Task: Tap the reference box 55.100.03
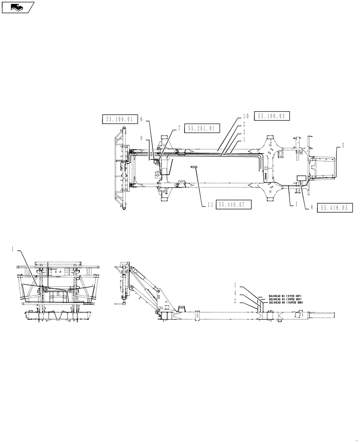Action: click(272, 116)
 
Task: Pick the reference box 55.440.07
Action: click(234, 204)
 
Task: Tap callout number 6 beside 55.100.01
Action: click(141, 119)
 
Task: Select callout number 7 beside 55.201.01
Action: click(179, 128)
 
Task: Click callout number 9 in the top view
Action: click(141, 138)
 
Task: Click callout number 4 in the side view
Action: click(235, 293)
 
